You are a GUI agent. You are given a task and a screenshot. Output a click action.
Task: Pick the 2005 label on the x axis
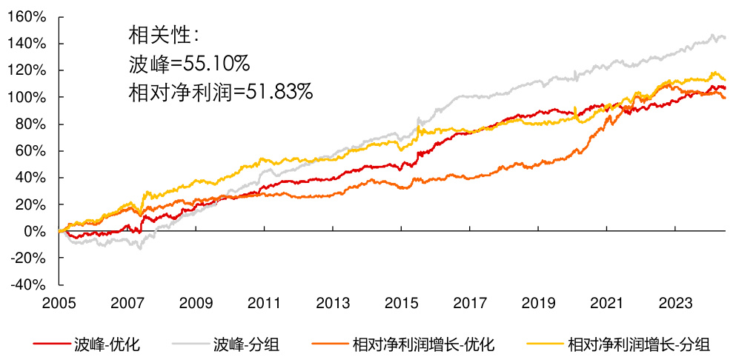pos(59,303)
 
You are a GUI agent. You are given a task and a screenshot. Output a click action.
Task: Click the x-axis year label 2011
pos(265,303)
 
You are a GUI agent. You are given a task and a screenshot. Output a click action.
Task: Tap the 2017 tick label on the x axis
pos(470,303)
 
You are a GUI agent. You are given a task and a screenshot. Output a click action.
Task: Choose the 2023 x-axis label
pos(675,303)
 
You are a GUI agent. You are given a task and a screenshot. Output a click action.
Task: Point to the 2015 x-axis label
pos(401,303)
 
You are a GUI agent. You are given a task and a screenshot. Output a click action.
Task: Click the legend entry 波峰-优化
pos(108,344)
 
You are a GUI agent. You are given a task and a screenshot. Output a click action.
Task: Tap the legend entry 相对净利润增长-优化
pos(423,344)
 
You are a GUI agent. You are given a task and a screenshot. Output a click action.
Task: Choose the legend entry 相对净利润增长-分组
pos(638,344)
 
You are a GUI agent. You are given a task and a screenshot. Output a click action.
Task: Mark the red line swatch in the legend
pos(51,344)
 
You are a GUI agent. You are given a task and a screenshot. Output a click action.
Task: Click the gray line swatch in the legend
pos(190,344)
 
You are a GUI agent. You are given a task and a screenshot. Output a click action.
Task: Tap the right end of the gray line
pos(724,37)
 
